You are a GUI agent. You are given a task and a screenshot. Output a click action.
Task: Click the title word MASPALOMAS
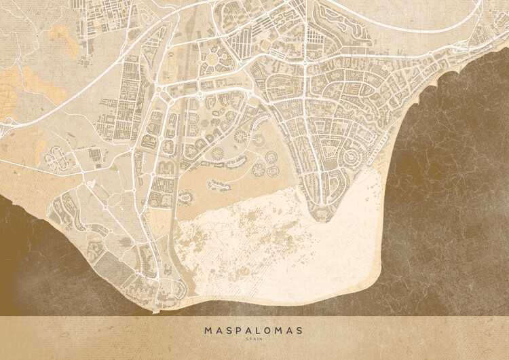(254, 331)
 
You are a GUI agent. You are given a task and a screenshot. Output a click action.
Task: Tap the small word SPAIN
(254, 341)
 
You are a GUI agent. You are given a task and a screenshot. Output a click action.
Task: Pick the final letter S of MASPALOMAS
(299, 331)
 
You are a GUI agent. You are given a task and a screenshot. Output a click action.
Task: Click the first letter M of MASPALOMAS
(208, 331)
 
